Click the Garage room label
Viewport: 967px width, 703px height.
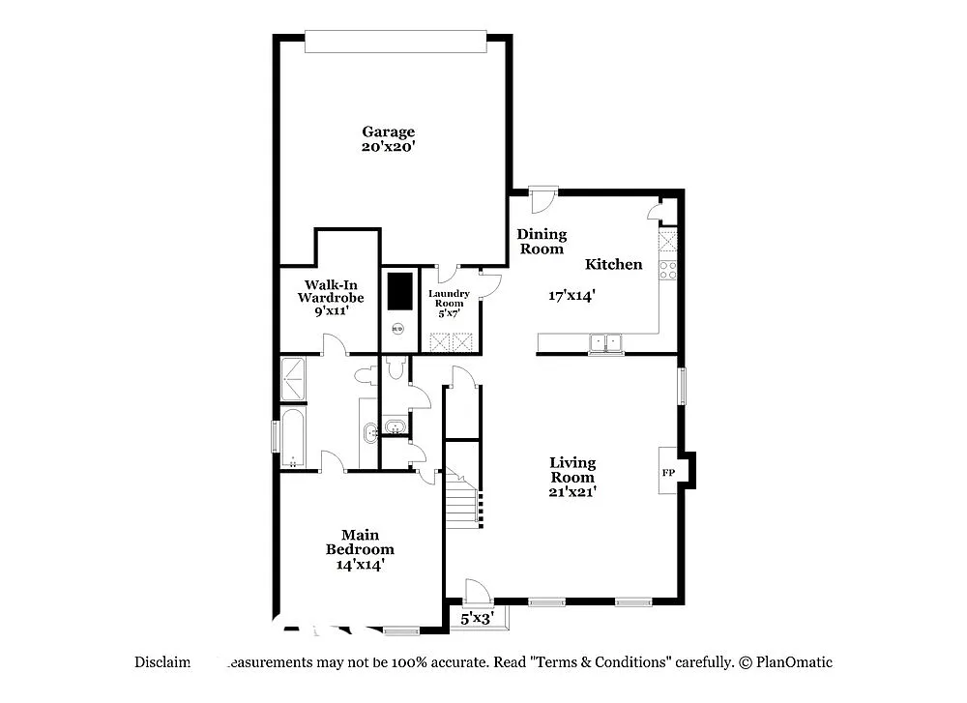[388, 132]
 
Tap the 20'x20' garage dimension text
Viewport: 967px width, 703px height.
[388, 147]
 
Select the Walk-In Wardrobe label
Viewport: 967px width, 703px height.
[330, 291]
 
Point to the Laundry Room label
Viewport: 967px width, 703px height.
[449, 298]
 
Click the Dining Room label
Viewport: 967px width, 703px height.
[542, 242]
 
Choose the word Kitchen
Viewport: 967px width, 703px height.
[613, 264]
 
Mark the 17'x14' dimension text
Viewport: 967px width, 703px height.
[571, 296]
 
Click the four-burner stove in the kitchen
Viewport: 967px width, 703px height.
[667, 270]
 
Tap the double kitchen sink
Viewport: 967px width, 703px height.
[606, 341]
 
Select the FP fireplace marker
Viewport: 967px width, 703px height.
[667, 474]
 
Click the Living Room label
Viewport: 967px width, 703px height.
[572, 470]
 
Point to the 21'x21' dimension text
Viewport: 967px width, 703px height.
[572, 491]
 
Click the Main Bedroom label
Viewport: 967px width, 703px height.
[360, 542]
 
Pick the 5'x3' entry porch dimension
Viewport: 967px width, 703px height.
[477, 617]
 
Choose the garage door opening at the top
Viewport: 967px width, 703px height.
[393, 41]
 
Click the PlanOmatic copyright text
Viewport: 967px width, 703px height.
[785, 662]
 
